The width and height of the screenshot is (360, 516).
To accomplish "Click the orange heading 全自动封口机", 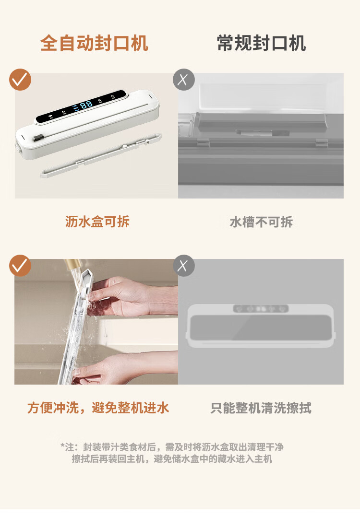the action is [94, 44].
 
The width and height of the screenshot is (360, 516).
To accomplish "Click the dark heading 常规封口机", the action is [262, 44].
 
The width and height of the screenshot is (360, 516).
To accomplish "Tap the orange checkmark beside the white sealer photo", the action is [20, 80].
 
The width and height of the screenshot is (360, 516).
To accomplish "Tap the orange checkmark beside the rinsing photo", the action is [20, 266].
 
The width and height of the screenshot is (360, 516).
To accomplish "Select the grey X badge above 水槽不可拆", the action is [184, 80].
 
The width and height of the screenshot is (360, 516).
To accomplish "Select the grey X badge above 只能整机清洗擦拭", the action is [184, 266].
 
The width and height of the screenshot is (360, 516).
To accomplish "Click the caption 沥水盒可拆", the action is [97, 222].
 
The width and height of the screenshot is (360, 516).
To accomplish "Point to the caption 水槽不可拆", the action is [261, 222].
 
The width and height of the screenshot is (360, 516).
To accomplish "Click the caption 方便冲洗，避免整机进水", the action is [98, 408].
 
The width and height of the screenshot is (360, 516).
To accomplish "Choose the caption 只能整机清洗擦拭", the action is [261, 408].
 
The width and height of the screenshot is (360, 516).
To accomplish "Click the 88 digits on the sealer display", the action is [86, 105].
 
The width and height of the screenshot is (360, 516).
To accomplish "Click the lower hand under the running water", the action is [125, 367].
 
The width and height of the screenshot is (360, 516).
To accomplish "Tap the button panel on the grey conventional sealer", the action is [261, 309].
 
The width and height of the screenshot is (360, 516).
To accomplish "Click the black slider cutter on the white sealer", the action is [39, 137].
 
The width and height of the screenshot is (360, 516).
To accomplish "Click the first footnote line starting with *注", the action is [172, 447].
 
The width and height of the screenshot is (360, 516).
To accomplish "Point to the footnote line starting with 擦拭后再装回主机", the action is [172, 458].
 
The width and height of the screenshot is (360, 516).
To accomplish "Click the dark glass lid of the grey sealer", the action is [261, 328].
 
